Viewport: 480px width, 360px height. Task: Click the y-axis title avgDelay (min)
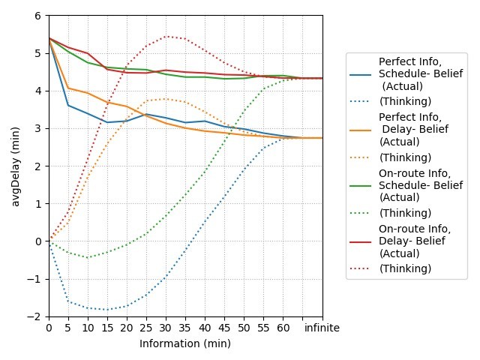tap(16, 166)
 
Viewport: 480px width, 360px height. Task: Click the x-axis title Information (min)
tap(185, 343)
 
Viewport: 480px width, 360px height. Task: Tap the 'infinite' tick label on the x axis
tap(322, 328)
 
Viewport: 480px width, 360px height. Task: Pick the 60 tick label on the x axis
tap(283, 328)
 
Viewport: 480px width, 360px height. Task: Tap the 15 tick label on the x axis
tap(107, 328)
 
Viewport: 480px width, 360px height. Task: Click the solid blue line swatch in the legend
tap(360, 74)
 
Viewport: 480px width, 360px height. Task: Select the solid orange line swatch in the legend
tap(360, 129)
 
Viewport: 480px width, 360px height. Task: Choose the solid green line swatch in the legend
tap(360, 184)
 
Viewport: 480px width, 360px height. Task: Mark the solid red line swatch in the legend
tap(360, 240)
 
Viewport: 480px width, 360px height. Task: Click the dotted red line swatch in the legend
tap(360, 268)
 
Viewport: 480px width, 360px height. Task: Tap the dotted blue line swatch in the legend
tap(360, 101)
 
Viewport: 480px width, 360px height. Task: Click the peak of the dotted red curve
tap(166, 36)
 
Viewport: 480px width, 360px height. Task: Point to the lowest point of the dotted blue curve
tap(107, 310)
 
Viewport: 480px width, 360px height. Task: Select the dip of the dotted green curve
tap(88, 258)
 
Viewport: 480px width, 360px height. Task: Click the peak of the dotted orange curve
tap(166, 99)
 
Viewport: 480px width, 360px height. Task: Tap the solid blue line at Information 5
tap(68, 105)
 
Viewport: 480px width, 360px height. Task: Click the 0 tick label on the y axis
tap(38, 241)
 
